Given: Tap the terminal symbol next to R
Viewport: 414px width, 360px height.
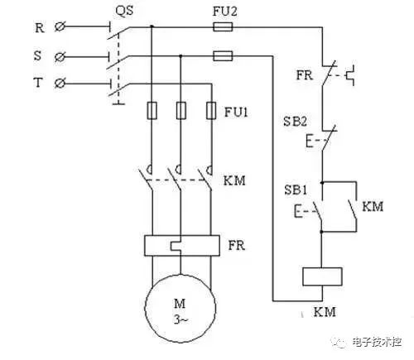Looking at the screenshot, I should tap(59, 27).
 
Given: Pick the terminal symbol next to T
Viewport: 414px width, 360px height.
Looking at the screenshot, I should tap(59, 84).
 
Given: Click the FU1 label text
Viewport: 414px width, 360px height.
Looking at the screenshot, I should tap(236, 111).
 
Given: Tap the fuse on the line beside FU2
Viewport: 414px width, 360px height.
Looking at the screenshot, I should tap(222, 26).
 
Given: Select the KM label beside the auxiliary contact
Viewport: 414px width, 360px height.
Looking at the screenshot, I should tap(373, 205).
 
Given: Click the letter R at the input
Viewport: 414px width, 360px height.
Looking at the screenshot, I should tap(39, 27).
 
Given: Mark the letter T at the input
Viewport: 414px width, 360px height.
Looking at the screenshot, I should tap(39, 84).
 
